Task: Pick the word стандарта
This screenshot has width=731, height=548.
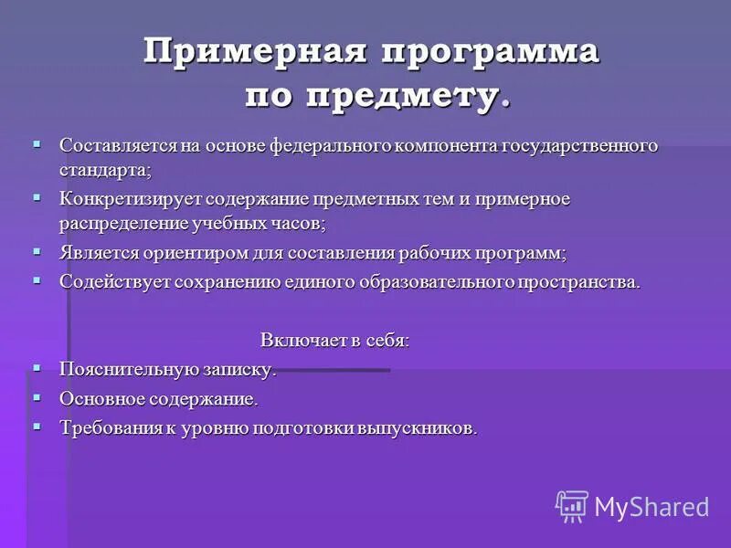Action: pyautogui.click(x=103, y=169)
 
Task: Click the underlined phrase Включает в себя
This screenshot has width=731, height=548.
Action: pyautogui.click(x=334, y=340)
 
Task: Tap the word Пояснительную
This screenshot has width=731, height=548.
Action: pyautogui.click(x=116, y=370)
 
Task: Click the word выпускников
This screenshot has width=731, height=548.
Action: pyautogui.click(x=421, y=427)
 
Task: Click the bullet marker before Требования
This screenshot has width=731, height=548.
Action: pyautogui.click(x=37, y=426)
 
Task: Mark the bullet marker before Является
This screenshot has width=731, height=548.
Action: pyautogui.click(x=37, y=251)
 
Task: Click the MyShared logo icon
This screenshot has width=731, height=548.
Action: pyautogui.click(x=572, y=506)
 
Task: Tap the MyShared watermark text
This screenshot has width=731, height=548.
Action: pyautogui.click(x=652, y=507)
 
